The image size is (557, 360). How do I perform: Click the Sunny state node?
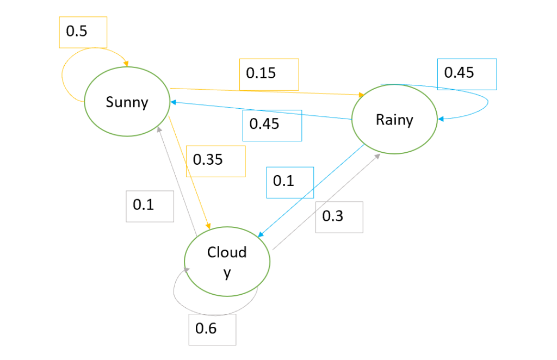pyautogui.click(x=126, y=102)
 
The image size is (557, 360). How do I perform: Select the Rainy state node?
pyautogui.click(x=394, y=120)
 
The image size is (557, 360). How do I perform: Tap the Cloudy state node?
pyautogui.click(x=227, y=260)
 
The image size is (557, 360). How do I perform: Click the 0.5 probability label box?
pyautogui.click(x=83, y=32)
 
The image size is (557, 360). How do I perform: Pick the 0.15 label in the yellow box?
pyautogui.click(x=269, y=74)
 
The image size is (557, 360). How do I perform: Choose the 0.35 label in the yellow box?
pyautogui.click(x=215, y=161)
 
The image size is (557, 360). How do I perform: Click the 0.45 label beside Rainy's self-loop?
pyautogui.click(x=466, y=73)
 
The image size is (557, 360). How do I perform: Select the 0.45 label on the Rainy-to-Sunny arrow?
pyautogui.click(x=271, y=125)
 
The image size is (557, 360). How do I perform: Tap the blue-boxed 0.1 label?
pyautogui.click(x=289, y=182)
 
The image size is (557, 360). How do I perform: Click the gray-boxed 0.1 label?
pyautogui.click(x=150, y=206)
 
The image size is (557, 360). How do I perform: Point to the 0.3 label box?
pyautogui.click(x=339, y=217)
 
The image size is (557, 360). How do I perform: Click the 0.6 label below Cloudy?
pyautogui.click(x=212, y=329)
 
